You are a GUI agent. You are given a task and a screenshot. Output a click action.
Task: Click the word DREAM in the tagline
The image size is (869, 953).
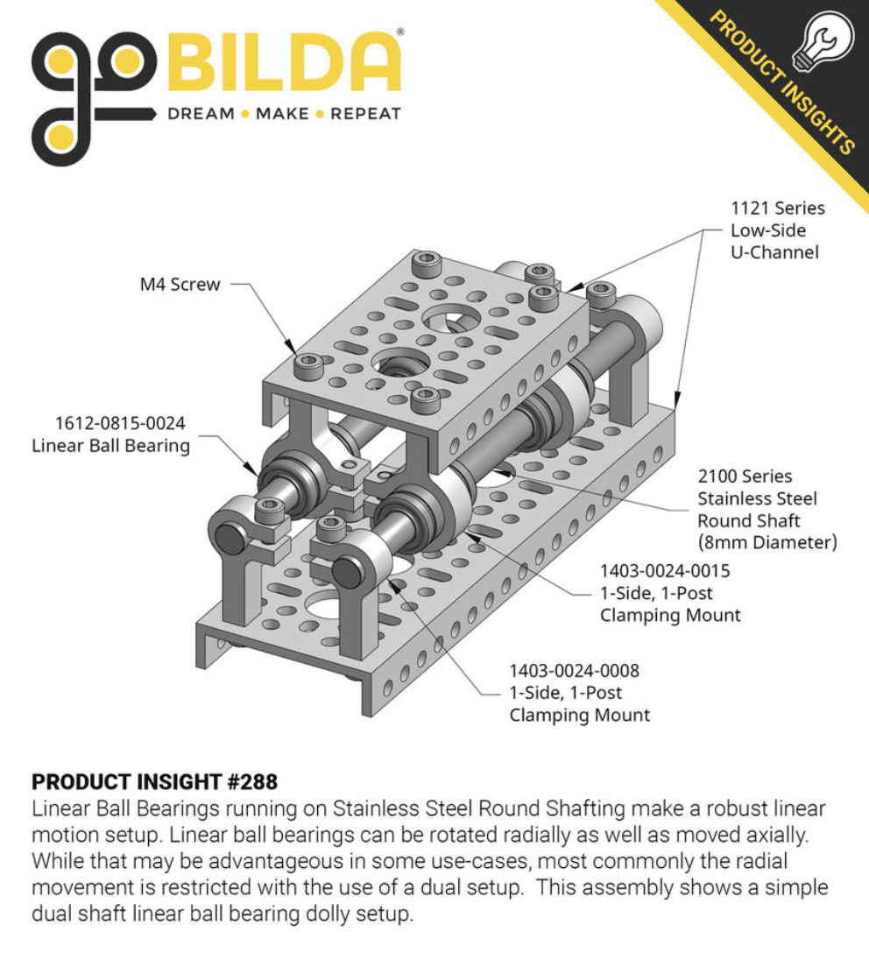click(x=201, y=114)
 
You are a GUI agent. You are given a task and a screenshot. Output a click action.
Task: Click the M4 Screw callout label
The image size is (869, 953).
click(x=180, y=284)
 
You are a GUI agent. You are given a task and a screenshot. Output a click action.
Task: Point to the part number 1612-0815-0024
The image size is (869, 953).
click(x=121, y=423)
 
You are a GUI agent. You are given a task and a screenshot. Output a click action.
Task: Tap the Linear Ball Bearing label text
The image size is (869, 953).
click(x=111, y=446)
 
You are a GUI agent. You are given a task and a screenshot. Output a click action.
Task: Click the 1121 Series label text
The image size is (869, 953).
click(x=778, y=208)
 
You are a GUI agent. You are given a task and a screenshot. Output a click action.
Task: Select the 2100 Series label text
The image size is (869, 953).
click(x=745, y=476)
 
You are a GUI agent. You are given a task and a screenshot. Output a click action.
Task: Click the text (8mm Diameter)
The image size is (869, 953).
click(x=767, y=542)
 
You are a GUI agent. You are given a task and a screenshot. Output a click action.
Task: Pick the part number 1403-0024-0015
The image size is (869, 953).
click(x=665, y=571)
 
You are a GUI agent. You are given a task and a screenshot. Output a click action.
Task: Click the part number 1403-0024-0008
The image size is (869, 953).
click(x=575, y=671)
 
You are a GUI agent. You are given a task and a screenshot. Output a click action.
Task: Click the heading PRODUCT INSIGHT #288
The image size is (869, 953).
click(x=154, y=780)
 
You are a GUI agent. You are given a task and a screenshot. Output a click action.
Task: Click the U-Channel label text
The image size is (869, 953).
click(x=774, y=252)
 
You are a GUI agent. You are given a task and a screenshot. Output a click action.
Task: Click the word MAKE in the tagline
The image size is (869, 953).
click(x=282, y=114)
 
